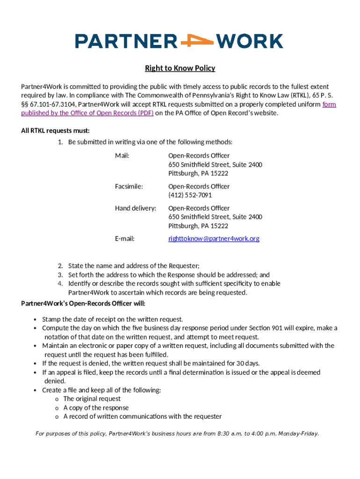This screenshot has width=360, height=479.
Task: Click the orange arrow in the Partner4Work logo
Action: (196, 41)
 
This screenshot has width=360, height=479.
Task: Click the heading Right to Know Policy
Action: (180, 68)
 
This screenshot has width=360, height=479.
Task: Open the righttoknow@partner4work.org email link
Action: (214, 239)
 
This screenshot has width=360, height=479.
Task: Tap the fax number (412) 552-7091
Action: (190, 195)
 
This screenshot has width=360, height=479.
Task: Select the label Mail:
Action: (122, 155)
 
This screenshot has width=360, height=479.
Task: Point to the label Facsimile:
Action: (129, 186)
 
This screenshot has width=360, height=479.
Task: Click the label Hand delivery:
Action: (136, 208)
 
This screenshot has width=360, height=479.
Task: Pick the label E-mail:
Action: (125, 239)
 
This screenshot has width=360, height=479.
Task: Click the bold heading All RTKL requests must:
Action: (55, 131)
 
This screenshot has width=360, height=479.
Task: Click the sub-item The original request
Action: (92, 399)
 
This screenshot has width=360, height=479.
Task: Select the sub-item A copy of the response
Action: (96, 408)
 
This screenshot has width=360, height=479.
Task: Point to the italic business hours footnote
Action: (177, 434)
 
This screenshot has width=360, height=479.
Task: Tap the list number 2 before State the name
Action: (60, 266)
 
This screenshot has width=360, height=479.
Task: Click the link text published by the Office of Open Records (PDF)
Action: (87, 113)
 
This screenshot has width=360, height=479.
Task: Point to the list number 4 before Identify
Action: (60, 283)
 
